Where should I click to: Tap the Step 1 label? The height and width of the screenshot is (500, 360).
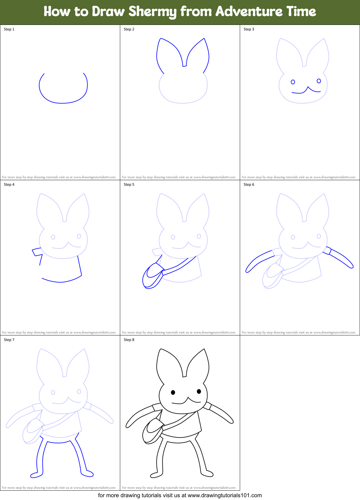tap(9, 29)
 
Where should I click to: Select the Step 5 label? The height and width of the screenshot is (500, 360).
tap(129, 185)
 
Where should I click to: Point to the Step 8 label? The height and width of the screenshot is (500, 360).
tap(129, 340)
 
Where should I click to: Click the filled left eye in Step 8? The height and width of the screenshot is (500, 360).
tap(173, 392)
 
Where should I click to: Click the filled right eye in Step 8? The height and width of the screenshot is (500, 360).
tap(199, 391)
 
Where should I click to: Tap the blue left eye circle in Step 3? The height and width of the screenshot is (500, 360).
tap(293, 82)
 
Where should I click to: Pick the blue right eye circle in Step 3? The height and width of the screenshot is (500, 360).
tap(319, 81)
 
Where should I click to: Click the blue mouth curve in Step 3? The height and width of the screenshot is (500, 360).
tap(306, 91)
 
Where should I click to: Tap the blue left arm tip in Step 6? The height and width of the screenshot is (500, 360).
tap(248, 270)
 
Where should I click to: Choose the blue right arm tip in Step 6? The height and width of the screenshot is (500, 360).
tap(351, 266)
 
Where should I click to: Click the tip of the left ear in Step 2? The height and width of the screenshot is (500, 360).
tap(161, 39)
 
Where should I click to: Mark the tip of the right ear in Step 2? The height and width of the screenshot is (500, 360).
tap(204, 39)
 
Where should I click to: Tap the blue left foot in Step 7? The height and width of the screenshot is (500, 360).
tap(36, 475)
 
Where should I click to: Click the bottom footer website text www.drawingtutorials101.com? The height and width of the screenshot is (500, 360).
tap(225, 495)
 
